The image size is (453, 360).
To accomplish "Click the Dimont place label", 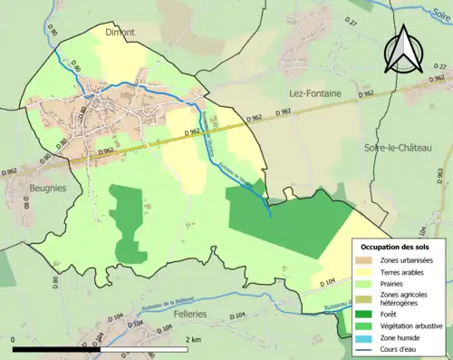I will [120, 32].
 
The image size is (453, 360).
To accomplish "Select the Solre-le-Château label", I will [398, 148].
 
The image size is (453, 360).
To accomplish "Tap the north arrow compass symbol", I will [403, 47].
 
